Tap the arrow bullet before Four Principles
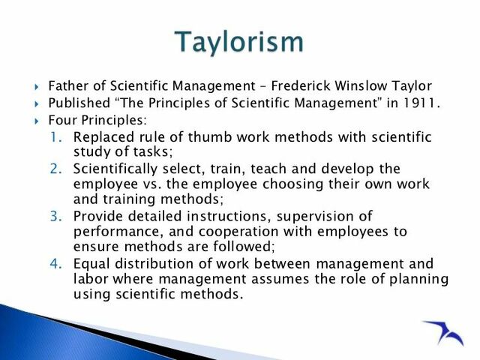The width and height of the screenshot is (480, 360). point(36,120)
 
